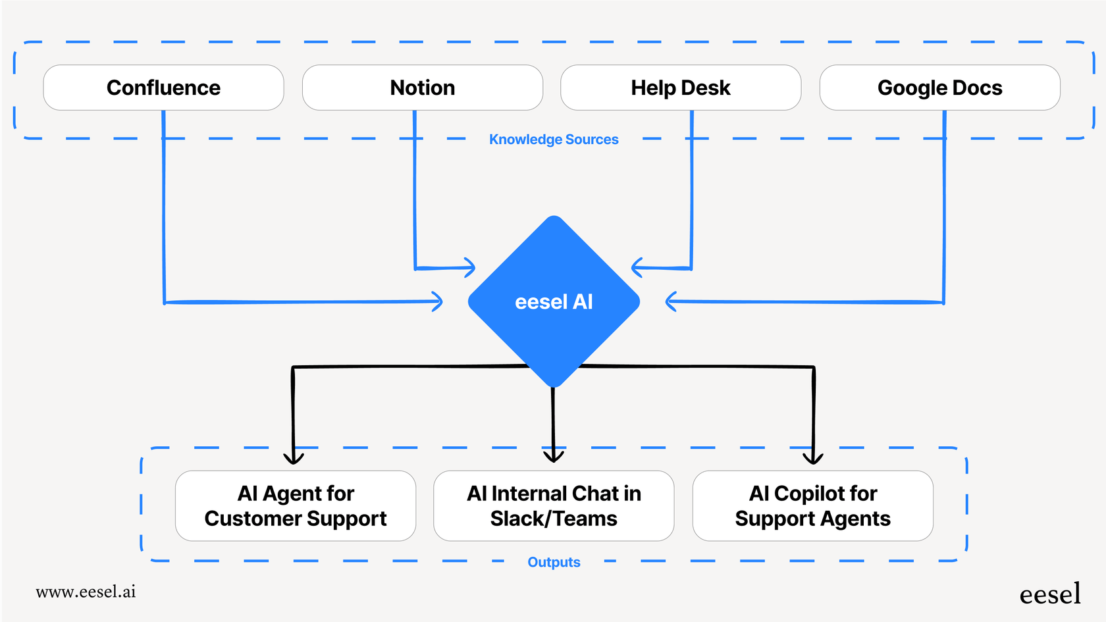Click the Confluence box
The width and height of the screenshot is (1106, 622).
click(163, 88)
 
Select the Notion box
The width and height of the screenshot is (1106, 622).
click(422, 88)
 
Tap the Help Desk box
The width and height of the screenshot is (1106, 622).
click(681, 88)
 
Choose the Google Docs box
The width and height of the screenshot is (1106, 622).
click(939, 88)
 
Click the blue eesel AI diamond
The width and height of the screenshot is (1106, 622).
click(554, 301)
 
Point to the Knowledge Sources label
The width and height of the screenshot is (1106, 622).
click(554, 140)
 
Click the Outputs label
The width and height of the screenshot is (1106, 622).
click(554, 562)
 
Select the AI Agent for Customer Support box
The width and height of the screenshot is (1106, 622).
click(296, 505)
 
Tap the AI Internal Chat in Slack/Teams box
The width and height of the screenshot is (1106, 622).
click(554, 505)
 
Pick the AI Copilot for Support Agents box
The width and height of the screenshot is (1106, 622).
click(812, 505)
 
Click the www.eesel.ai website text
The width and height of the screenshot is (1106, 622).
click(86, 592)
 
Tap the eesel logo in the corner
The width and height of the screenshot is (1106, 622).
click(1049, 594)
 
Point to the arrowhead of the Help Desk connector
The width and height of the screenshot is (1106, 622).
click(636, 267)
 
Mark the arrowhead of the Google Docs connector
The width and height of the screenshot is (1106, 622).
click(670, 301)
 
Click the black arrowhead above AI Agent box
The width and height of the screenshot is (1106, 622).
click(294, 458)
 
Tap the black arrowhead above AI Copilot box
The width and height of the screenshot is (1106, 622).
click(813, 458)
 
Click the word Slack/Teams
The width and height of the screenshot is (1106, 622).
click(554, 519)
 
